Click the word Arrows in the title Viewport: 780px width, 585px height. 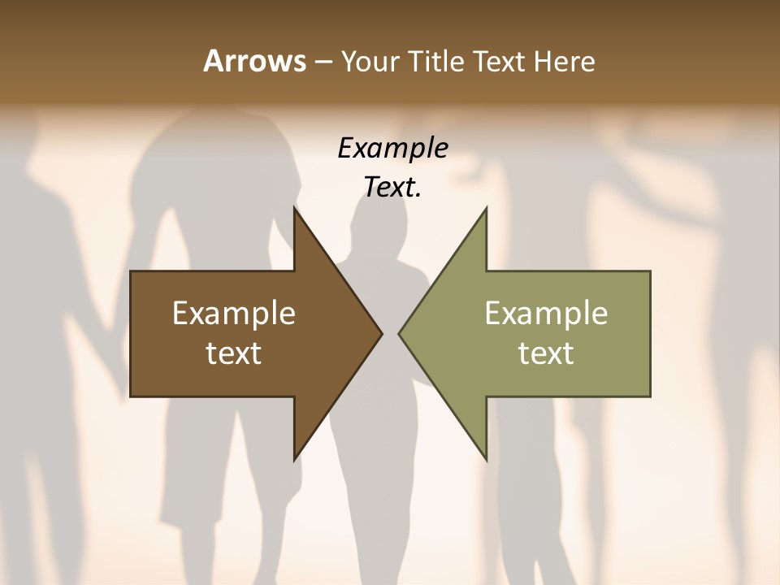click(x=253, y=61)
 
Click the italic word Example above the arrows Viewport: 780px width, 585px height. click(x=392, y=148)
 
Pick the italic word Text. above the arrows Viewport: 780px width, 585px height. click(x=392, y=188)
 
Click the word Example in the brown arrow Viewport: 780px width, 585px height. click(x=234, y=313)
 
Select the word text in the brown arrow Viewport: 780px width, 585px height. click(x=234, y=353)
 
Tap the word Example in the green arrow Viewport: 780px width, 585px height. click(x=546, y=313)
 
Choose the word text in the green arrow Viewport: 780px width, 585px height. click(x=546, y=353)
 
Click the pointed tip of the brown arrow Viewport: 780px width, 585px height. click(x=381, y=333)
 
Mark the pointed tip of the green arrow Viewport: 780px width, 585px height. click(x=399, y=333)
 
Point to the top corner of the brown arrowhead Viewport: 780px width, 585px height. click(x=294, y=208)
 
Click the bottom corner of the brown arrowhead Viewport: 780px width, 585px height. click(x=294, y=459)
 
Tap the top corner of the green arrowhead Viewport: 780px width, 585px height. click(x=486, y=208)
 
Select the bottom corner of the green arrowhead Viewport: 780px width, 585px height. click(x=486, y=459)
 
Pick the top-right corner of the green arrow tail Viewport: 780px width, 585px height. click(x=650, y=271)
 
